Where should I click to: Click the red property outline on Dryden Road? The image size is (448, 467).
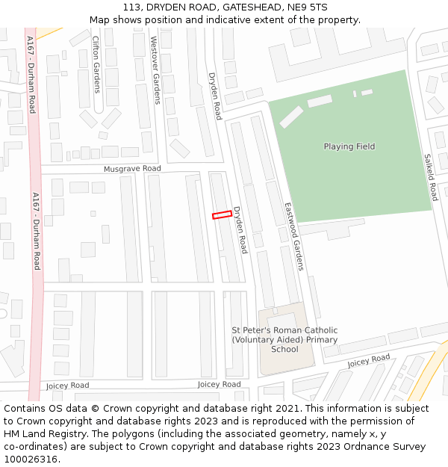tap(220, 215)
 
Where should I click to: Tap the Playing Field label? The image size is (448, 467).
tap(349, 146)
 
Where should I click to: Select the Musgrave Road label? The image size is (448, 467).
tap(132, 169)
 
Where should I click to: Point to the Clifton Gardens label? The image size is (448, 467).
tap(96, 64)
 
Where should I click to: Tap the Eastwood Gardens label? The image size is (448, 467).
tap(294, 235)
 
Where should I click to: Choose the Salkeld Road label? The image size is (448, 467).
tap(430, 177)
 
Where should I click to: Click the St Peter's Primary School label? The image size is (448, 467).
tap(284, 339)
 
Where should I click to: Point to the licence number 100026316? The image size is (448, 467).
tap(31, 460)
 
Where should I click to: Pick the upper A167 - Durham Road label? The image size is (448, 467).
tap(31, 75)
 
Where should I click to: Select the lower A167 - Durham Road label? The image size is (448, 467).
tap(36, 230)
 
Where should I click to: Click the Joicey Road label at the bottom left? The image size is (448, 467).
tap(67, 386)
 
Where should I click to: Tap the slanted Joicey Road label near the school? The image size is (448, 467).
tap(368, 362)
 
